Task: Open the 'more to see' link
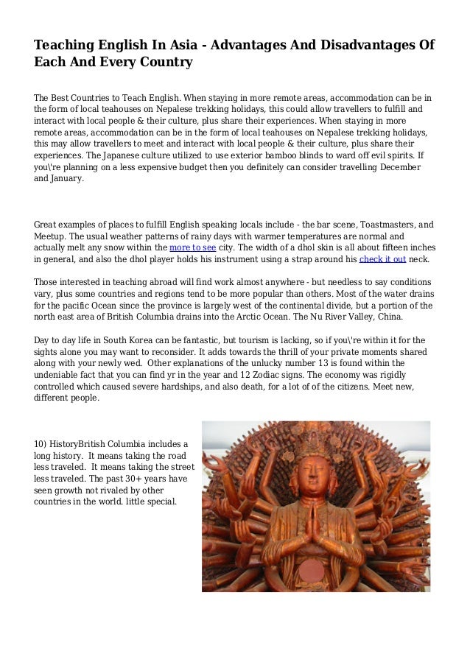[193, 248]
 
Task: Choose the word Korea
[131, 340]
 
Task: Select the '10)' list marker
[41, 444]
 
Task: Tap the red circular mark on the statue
[313, 569]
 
